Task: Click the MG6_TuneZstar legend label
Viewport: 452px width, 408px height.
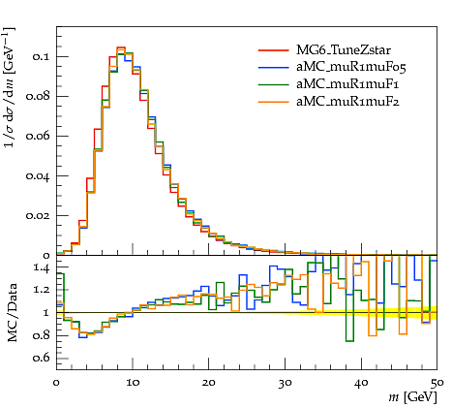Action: [x=344, y=50]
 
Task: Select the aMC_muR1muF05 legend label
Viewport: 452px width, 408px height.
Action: [x=351, y=67]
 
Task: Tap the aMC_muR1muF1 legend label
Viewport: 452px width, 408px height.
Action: [x=347, y=84]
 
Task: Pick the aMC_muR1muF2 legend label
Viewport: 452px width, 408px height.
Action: [x=347, y=102]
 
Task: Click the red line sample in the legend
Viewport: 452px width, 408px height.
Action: [x=274, y=50]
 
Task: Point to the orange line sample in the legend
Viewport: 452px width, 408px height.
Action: [x=274, y=102]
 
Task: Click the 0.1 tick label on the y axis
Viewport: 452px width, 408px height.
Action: [x=41, y=56]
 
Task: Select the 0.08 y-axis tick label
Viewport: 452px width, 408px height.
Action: [x=38, y=96]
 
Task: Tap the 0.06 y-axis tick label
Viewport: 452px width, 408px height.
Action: [x=38, y=136]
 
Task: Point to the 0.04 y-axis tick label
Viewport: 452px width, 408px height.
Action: [x=38, y=176]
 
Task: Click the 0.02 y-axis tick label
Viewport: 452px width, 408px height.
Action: [x=38, y=215]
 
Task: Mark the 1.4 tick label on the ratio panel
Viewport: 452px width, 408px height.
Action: [x=42, y=268]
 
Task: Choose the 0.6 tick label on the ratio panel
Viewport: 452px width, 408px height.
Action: [x=42, y=358]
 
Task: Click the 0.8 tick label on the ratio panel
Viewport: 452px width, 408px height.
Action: [x=42, y=335]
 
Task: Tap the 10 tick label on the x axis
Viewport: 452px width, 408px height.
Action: [x=133, y=383]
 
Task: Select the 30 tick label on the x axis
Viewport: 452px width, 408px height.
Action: [x=285, y=383]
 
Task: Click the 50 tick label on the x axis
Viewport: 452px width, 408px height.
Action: [x=437, y=383]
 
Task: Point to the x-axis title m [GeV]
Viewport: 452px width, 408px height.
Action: [x=413, y=397]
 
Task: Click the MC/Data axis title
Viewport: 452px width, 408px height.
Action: [x=13, y=312]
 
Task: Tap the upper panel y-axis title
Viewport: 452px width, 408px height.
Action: [x=10, y=87]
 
